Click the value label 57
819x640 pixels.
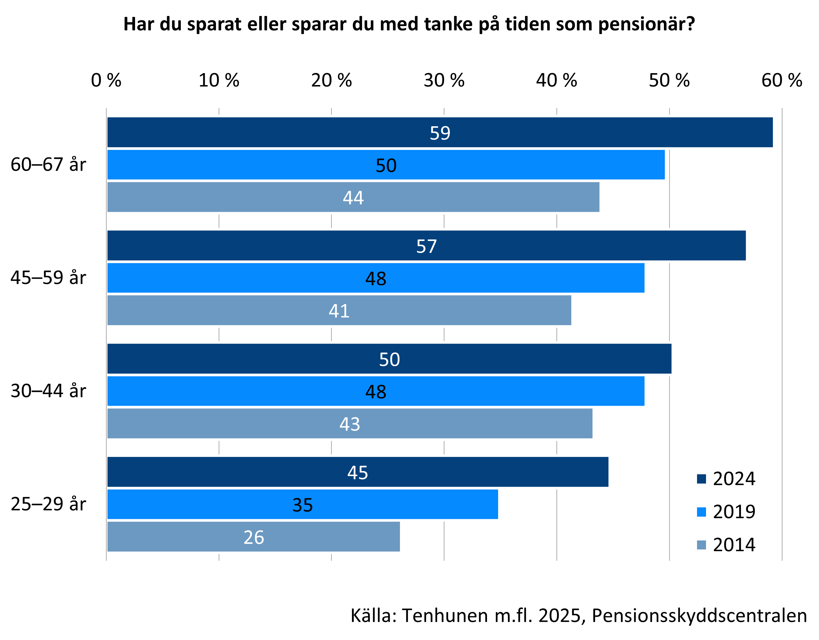(426, 246)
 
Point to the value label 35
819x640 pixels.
(303, 505)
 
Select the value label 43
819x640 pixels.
(349, 424)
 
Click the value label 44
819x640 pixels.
(353, 197)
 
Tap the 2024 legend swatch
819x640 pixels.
(701, 479)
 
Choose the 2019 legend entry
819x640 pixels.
(734, 512)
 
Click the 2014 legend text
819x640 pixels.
(734, 545)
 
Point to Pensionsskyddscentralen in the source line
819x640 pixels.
(699, 616)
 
